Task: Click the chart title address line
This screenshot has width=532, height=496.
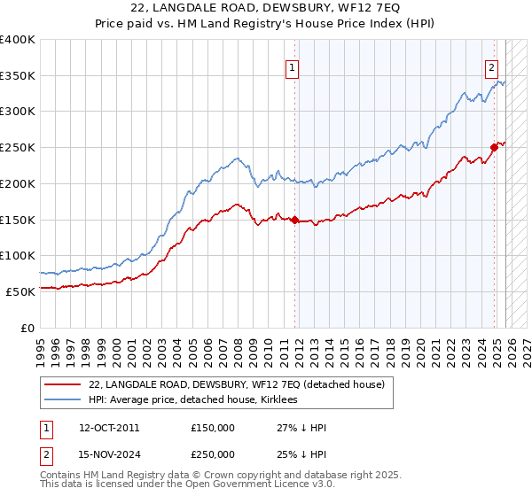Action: [x=266, y=8]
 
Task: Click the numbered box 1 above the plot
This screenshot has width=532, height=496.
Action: [x=291, y=65]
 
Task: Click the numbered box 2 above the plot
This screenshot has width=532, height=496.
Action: [x=491, y=65]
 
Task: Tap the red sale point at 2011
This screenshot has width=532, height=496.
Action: [x=295, y=220]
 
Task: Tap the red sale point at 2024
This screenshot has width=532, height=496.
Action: [x=494, y=148]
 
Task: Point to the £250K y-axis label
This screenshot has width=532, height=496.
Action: [x=18, y=147]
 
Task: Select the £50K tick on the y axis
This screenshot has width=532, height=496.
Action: [x=20, y=291]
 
